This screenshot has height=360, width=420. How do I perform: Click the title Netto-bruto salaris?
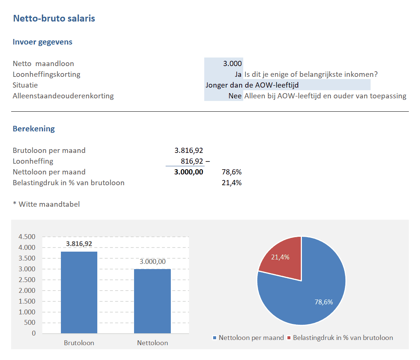54,18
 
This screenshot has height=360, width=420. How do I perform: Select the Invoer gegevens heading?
42,42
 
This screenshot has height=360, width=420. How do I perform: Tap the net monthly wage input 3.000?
232,63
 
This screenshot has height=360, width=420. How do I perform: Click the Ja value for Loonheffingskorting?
238,74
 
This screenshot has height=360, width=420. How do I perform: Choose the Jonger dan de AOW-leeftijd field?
252,85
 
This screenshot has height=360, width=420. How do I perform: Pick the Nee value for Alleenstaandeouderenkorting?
235,96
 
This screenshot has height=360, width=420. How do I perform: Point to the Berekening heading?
33,129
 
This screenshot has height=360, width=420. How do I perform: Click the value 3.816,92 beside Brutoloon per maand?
189,150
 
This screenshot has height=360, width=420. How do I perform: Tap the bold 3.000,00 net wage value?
189,172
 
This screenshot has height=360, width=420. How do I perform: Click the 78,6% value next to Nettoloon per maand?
232,172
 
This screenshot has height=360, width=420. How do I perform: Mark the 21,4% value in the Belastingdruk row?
232,183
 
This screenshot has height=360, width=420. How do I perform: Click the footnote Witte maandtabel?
46,204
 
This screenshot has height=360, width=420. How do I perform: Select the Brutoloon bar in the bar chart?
79,293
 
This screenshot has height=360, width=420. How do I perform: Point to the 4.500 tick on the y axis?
27,237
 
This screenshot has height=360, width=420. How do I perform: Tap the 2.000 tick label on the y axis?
27,290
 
